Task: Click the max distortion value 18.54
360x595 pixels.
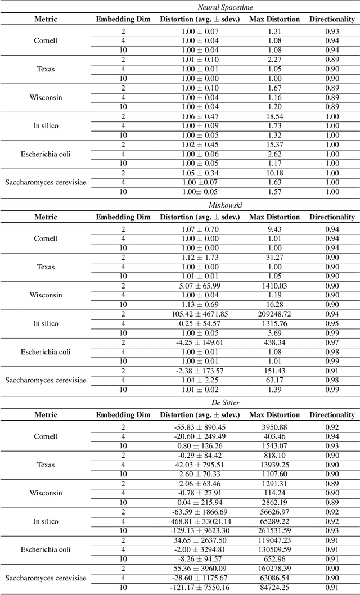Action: pos(274,116)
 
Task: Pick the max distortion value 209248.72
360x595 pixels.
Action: pos(274,314)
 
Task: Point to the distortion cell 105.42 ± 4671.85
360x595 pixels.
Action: pos(200,314)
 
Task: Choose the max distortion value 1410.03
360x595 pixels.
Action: pos(274,286)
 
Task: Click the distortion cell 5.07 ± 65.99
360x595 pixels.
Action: pos(200,286)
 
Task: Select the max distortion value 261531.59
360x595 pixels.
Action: pos(274,530)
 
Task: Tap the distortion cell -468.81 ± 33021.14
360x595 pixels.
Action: pos(200,521)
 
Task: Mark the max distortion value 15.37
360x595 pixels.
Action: pos(274,144)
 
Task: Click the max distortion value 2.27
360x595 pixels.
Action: pos(274,60)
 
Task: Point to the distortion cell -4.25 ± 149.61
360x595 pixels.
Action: pos(200,342)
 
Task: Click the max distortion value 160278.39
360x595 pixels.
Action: pos(274,569)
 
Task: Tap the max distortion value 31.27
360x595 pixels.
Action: pos(274,258)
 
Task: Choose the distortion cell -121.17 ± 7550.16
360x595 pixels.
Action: pos(200,587)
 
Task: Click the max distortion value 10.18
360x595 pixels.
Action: pos(274,173)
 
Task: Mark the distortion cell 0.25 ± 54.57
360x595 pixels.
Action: pos(200,323)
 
